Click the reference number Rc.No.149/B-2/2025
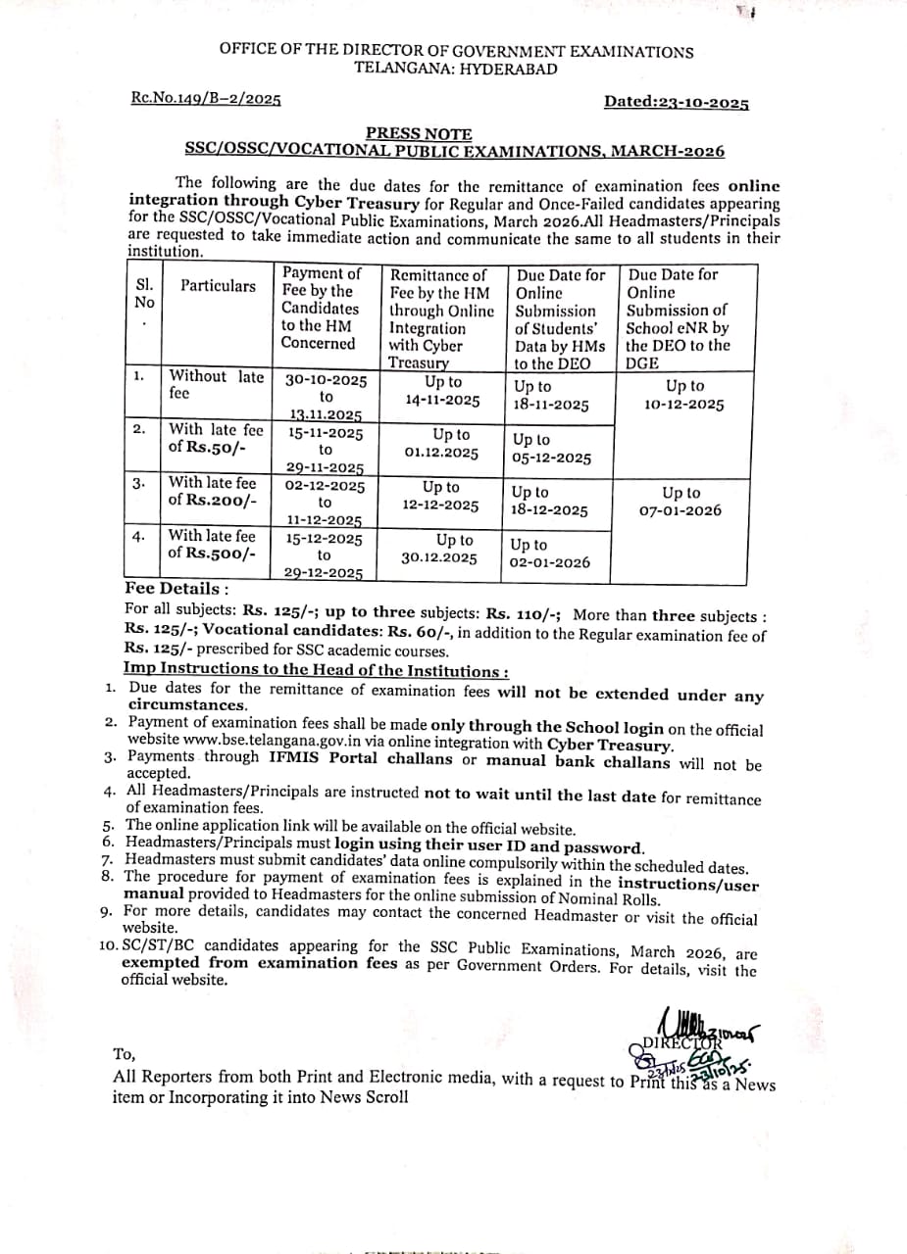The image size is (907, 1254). (x=206, y=99)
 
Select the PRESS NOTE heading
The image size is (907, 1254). (x=419, y=133)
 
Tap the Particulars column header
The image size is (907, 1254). (x=218, y=286)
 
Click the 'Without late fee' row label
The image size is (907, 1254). (x=217, y=384)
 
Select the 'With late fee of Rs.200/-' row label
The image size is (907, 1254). (x=213, y=490)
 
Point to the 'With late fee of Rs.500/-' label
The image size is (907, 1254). (x=213, y=544)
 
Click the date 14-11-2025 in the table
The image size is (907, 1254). (x=442, y=400)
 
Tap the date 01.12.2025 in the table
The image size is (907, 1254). (x=441, y=453)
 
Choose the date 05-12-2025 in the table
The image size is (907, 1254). (x=552, y=458)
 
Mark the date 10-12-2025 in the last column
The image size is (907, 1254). (x=684, y=405)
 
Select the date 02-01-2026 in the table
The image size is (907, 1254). (x=550, y=562)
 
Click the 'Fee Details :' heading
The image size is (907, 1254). (x=177, y=589)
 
